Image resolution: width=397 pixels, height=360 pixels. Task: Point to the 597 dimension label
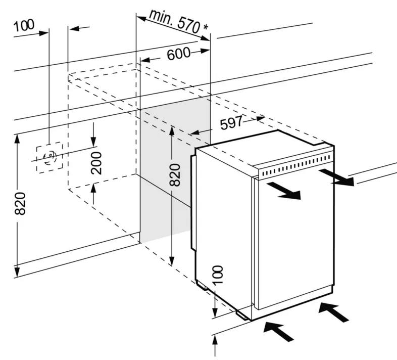point(232,121)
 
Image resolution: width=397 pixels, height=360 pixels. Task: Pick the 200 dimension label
point(96,163)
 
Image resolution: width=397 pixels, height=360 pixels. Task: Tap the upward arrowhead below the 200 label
point(94,189)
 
